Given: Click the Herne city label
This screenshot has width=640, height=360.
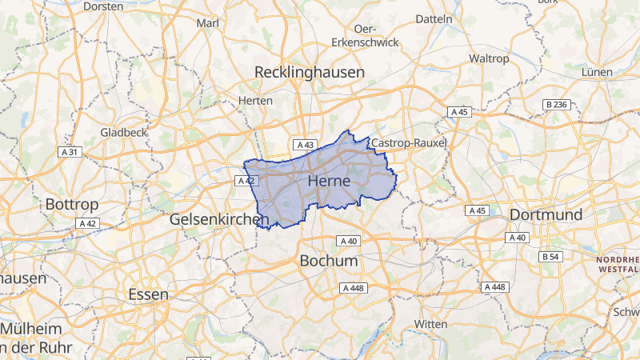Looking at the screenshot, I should pyautogui.click(x=328, y=182).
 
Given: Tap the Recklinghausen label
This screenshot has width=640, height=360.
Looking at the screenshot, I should pyautogui.click(x=309, y=72).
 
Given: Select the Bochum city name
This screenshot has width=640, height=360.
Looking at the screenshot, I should pyautogui.click(x=328, y=262).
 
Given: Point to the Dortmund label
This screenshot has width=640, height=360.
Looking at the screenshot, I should pyautogui.click(x=546, y=215).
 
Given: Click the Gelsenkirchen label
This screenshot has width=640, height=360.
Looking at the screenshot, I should pyautogui.click(x=218, y=218).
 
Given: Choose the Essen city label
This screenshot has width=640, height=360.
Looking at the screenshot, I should pyautogui.click(x=148, y=294).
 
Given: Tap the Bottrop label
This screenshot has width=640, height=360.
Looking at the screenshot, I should pyautogui.click(x=71, y=204).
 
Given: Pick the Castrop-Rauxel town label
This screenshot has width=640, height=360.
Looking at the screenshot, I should pyautogui.click(x=409, y=142).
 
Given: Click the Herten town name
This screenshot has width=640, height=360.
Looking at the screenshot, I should pyautogui.click(x=256, y=101).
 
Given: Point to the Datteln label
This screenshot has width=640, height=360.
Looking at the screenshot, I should pyautogui.click(x=434, y=18).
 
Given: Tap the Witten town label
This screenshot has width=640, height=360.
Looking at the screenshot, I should pyautogui.click(x=431, y=323).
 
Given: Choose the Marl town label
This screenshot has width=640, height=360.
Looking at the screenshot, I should pyautogui.click(x=208, y=23).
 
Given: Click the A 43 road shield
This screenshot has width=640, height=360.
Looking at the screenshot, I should pyautogui.click(x=304, y=145).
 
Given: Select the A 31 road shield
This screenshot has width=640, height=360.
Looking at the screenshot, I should pyautogui.click(x=70, y=152).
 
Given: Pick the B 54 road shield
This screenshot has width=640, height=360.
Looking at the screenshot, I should pyautogui.click(x=550, y=257).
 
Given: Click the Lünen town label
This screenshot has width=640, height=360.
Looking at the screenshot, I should pyautogui.click(x=597, y=72).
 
